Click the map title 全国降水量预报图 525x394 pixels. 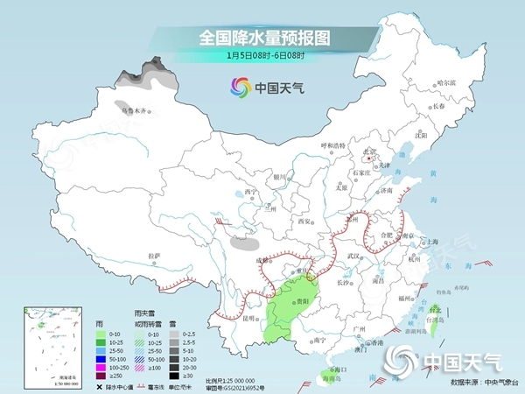[262, 38]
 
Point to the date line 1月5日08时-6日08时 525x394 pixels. [262, 55]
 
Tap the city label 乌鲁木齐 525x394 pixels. [136, 111]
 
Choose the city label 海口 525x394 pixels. [332, 371]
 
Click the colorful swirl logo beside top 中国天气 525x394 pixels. [238, 87]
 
